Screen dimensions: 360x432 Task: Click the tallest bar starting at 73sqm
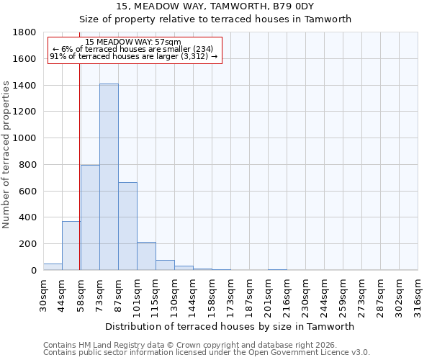pyautogui.click(x=109, y=177)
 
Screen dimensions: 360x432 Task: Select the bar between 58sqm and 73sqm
pyautogui.click(x=90, y=217)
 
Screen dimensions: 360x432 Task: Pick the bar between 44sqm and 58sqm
pyautogui.click(x=71, y=246)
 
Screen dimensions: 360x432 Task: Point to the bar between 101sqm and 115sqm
pyautogui.click(x=146, y=256)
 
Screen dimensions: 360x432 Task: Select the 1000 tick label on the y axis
pyautogui.click(x=26, y=138)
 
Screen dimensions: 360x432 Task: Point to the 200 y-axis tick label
pyautogui.click(x=29, y=244)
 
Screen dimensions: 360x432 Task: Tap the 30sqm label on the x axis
pyautogui.click(x=43, y=293)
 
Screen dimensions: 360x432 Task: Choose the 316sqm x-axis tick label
pyautogui.click(x=418, y=293)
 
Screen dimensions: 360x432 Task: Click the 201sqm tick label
pyautogui.click(x=268, y=293)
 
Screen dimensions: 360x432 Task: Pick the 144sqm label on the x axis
pyautogui.click(x=193, y=293)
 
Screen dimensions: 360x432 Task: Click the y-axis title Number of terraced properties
pyautogui.click(x=6, y=155)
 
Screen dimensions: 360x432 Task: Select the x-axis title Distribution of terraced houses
pyautogui.click(x=230, y=326)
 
